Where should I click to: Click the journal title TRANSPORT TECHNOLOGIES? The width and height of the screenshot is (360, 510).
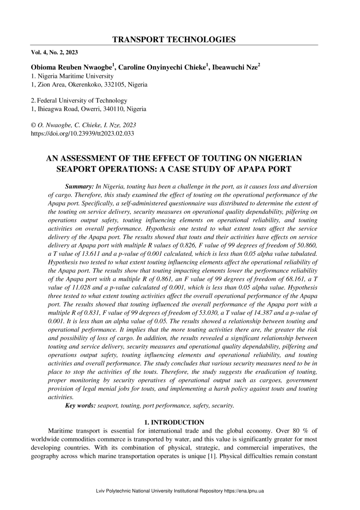174,39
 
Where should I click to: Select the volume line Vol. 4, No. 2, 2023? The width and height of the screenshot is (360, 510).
54,52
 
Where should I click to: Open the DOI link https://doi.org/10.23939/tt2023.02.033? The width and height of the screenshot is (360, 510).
83,133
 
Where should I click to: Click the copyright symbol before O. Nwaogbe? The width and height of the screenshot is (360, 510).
34,125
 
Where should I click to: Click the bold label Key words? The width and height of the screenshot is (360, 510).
80,406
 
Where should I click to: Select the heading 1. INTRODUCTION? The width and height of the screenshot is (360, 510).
174,422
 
